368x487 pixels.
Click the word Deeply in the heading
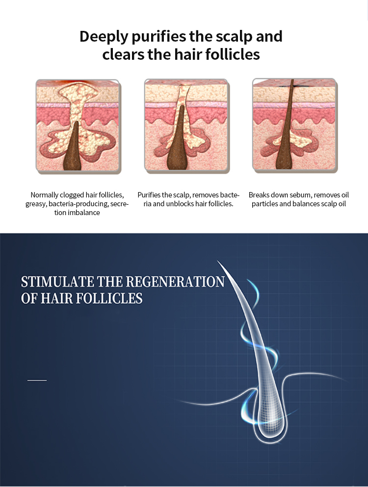(104, 37)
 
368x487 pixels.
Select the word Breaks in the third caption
(259, 195)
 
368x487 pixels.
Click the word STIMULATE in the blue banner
(57, 282)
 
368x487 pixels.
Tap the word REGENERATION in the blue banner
(176, 282)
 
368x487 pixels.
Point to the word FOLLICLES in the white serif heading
(109, 298)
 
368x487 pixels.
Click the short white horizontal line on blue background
(37, 380)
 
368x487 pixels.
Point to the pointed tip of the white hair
(218, 262)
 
